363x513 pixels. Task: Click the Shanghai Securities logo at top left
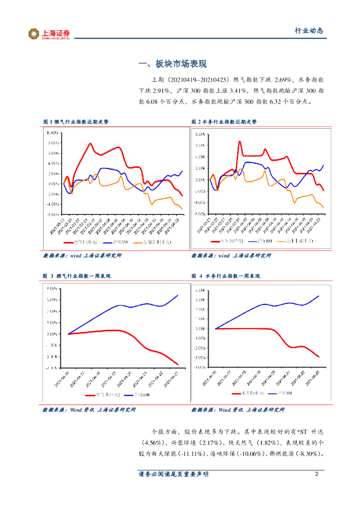(49, 34)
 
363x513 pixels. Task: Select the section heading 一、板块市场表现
(172, 64)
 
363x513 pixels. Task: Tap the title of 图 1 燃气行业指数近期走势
(76, 122)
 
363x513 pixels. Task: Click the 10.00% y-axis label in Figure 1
(53, 134)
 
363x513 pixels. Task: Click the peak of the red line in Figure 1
(90, 144)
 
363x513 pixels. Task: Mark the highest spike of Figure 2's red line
(240, 141)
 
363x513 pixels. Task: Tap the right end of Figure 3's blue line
(178, 295)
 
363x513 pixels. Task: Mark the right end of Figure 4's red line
(319, 357)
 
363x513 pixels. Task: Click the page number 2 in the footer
(316, 474)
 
